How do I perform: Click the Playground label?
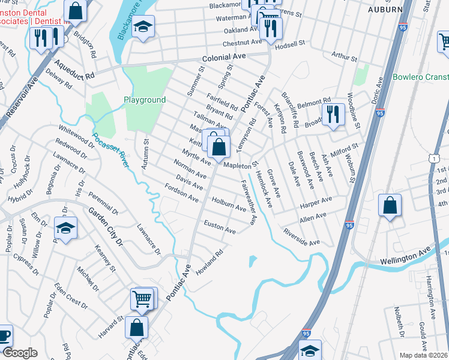[145, 100]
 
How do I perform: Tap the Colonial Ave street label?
[224, 56]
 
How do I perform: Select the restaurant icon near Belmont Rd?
[333, 113]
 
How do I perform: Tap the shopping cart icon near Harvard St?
[142, 298]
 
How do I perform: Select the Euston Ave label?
[220, 227]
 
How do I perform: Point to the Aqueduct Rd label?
[74, 69]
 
